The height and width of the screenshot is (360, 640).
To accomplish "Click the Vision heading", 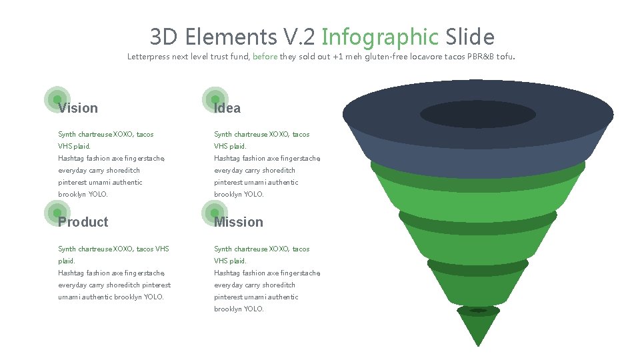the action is (78, 108).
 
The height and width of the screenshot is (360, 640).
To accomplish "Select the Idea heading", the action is (227, 108).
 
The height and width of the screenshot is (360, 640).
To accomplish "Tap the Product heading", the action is (83, 222).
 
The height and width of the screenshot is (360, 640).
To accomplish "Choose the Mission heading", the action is (239, 222).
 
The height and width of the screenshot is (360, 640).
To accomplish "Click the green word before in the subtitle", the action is (265, 57).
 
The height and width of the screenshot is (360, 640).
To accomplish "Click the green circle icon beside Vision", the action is (57, 99).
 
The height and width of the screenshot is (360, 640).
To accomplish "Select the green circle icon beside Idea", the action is (215, 99).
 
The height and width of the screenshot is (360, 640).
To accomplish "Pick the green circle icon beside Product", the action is (57, 213).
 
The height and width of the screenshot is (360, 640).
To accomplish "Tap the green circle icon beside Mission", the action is (215, 213).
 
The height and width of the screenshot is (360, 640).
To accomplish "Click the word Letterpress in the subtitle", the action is (148, 57).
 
